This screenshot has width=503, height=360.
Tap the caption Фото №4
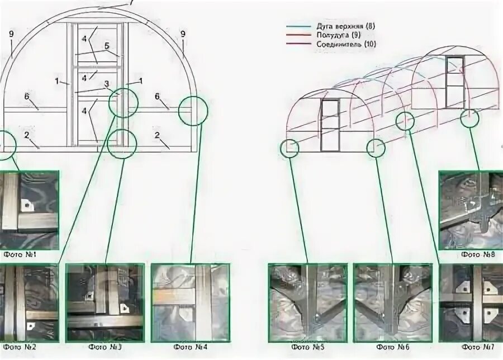coord(190,347)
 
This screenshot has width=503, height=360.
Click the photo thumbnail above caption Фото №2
coord(28,302)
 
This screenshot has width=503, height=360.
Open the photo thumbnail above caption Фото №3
coord(105,302)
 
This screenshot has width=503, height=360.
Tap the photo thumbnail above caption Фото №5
coord(307,302)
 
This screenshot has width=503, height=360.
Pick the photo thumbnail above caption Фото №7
coord(472,302)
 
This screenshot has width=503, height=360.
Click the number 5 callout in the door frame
coord(106,46)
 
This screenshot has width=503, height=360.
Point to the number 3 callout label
coord(106,84)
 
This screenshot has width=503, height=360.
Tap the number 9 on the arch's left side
coord(11,34)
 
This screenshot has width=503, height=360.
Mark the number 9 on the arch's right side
coord(183,34)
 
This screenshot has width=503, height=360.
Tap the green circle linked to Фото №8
coord(471,117)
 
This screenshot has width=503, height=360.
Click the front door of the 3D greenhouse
coord(330,125)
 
